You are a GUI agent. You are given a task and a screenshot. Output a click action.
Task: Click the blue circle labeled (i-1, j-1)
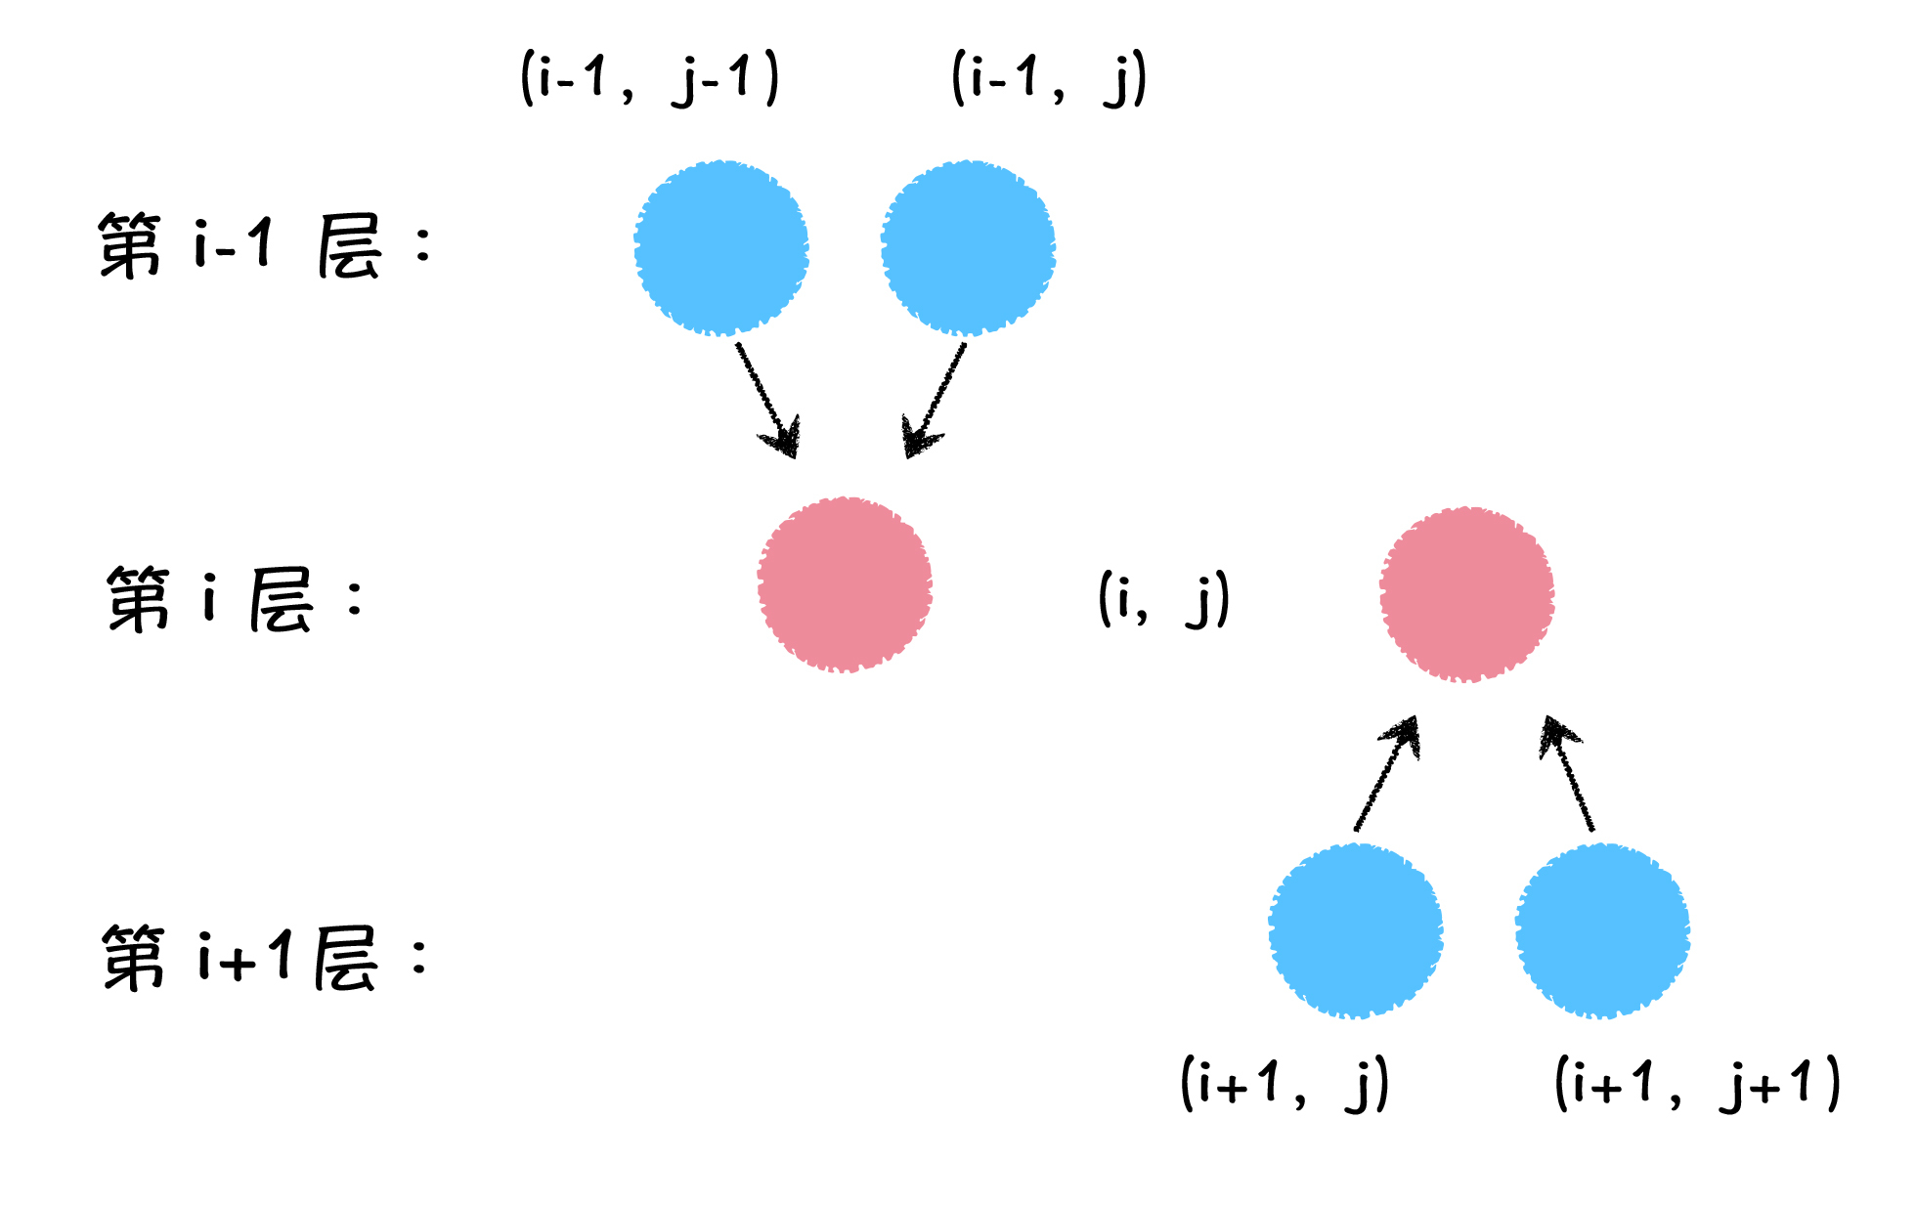(721, 248)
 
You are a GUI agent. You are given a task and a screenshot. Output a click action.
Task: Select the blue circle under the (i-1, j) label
(968, 248)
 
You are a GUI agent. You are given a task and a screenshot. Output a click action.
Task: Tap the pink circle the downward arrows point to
(845, 584)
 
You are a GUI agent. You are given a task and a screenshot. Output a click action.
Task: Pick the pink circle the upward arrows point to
(1466, 594)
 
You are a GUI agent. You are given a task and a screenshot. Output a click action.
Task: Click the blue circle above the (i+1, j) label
(1356, 930)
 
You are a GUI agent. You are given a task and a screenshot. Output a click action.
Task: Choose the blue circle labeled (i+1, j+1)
(1602, 930)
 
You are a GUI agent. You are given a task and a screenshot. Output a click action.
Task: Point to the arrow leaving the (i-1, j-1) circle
(768, 400)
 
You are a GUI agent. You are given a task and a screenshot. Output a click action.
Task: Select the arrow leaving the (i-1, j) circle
(935, 400)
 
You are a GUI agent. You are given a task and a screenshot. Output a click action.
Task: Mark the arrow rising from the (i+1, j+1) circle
(1567, 774)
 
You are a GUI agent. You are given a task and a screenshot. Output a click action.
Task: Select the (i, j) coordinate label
(1163, 598)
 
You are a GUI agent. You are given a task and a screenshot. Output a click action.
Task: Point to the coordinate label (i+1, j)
(1285, 1083)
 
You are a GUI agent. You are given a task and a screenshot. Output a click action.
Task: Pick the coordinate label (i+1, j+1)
(1698, 1083)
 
